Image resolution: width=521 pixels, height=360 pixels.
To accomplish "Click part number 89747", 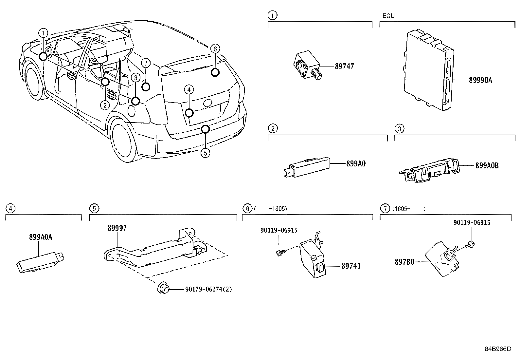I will [344, 66].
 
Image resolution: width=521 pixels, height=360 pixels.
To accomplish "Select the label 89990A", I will [480, 80].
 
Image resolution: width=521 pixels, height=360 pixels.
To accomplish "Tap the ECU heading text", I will [388, 16].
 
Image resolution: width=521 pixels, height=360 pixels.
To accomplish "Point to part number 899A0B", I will [487, 166].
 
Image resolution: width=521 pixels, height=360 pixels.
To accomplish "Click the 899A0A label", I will [41, 237].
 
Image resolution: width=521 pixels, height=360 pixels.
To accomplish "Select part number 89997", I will [117, 228].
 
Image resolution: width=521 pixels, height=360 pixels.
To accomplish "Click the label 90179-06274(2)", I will [208, 290].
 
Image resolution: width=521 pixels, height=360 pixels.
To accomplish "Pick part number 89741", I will [351, 266].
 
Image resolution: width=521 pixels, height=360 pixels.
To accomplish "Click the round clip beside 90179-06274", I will [163, 289].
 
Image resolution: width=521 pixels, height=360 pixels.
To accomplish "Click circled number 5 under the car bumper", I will [205, 153].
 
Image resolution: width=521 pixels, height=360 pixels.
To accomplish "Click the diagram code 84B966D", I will [498, 349].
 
